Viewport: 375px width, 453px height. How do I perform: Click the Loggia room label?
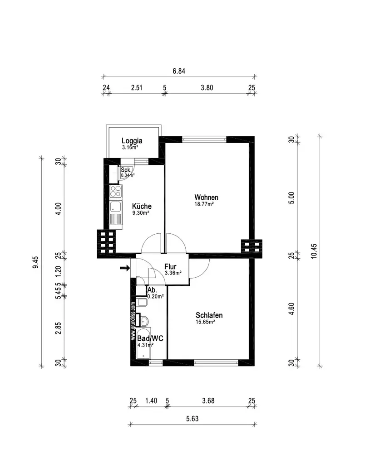[x=132, y=140]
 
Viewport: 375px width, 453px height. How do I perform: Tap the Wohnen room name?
[x=206, y=198]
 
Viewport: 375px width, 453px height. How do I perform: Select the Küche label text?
[x=142, y=206]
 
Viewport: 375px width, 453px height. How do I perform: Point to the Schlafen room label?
[x=209, y=315]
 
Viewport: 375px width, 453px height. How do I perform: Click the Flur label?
[x=170, y=267]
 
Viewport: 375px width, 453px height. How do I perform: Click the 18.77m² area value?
[x=204, y=204]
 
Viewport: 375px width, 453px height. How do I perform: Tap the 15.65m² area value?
[x=205, y=322]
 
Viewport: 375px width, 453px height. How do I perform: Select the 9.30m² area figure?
[x=141, y=212]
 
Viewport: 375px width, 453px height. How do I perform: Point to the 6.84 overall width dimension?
[x=179, y=71]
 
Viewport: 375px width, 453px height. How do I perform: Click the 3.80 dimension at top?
[x=207, y=88]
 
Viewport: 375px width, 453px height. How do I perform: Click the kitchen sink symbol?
[x=115, y=208]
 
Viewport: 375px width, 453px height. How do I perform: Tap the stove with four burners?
[x=115, y=192]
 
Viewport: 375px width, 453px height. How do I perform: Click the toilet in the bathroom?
[x=142, y=303]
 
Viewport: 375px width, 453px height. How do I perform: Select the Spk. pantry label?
[x=126, y=170]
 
